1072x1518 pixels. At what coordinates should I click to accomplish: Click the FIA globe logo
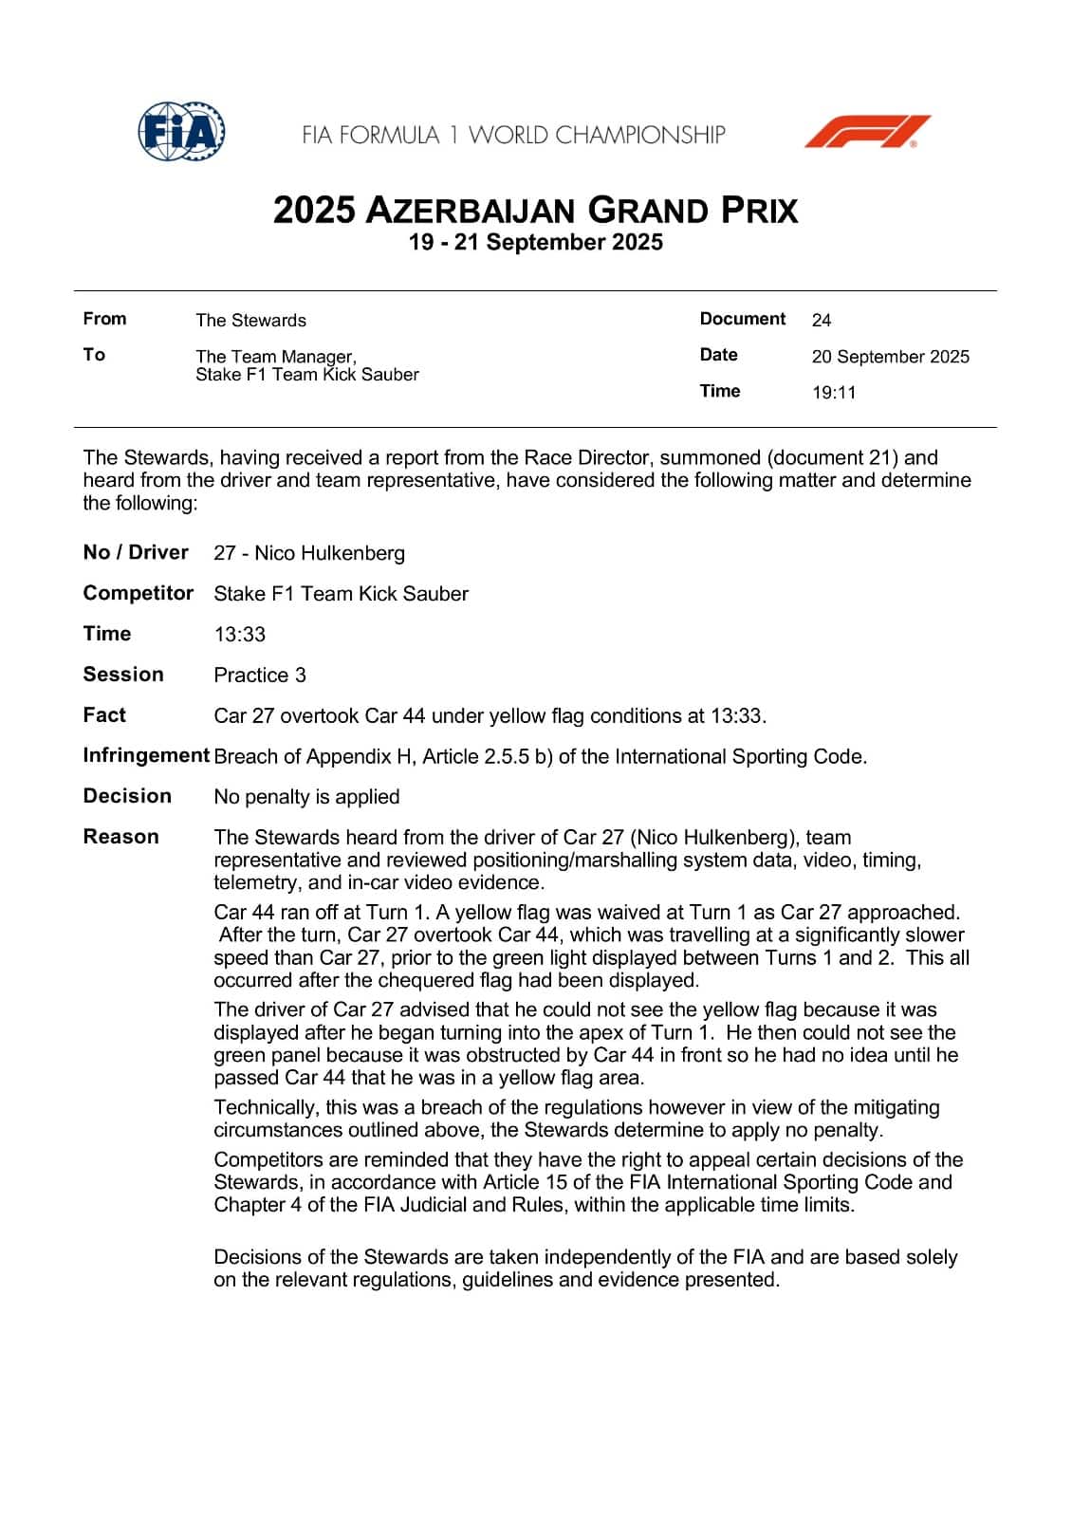coord(181,131)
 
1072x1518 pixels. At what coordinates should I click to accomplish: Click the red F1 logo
coord(867,132)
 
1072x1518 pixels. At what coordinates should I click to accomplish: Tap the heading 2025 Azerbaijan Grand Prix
coord(535,210)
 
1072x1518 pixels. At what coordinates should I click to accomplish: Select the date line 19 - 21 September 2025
coord(535,243)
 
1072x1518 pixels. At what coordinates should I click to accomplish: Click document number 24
coord(822,321)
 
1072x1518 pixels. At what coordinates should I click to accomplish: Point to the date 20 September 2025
coord(890,357)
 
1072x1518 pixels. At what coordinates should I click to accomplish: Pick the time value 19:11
coord(833,393)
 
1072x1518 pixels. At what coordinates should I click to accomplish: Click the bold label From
coord(104,319)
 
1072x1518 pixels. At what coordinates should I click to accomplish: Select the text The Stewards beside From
coord(250,321)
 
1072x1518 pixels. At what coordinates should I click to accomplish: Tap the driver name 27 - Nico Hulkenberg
coord(309,553)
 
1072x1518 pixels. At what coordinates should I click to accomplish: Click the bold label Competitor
coord(139,594)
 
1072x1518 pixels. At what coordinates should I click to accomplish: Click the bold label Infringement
coord(146,756)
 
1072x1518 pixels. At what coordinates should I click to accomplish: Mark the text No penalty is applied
coord(306,797)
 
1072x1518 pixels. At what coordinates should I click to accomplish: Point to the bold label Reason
coord(121,837)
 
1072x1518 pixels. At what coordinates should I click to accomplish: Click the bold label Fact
coord(104,715)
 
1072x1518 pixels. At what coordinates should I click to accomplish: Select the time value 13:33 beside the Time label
coord(239,635)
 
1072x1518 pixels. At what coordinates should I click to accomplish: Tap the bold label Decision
coord(127,796)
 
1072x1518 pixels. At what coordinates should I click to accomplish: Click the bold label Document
coord(742,319)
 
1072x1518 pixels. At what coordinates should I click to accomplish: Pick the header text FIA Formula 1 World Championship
coord(513,135)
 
